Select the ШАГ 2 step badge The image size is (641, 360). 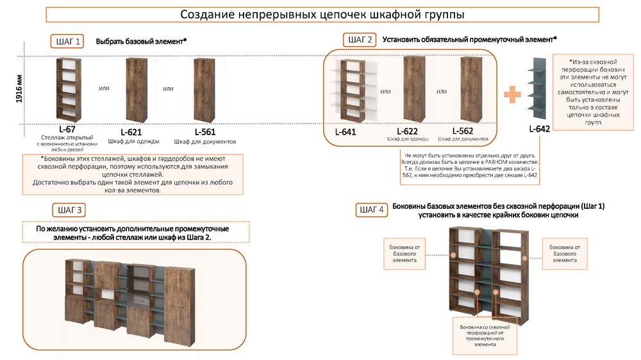coord(360,40)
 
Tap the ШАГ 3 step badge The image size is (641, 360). coord(70,210)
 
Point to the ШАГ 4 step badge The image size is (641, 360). coord(372,209)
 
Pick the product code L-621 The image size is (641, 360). coord(131,132)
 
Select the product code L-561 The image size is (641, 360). coord(204,132)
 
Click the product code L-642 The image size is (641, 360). coord(539,129)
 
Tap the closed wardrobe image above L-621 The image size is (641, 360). coord(137,89)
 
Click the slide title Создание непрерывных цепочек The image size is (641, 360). coord(322,14)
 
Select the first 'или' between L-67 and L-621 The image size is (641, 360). coord(103,89)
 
